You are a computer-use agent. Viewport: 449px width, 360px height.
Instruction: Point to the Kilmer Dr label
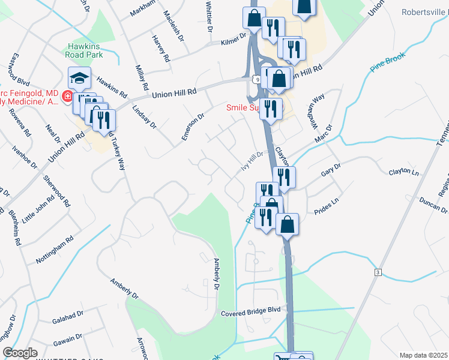point(234,39)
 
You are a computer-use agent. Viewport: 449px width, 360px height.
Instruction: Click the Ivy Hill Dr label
point(253,161)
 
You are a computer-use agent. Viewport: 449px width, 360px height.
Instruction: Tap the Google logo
point(20,353)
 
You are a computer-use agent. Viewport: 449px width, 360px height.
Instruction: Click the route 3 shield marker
point(378,272)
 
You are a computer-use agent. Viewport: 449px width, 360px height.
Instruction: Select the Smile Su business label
point(242,108)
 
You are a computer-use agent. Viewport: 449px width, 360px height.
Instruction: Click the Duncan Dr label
point(433,205)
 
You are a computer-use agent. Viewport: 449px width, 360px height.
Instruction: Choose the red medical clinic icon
point(68,97)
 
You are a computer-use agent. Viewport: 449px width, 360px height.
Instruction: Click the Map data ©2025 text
point(423,355)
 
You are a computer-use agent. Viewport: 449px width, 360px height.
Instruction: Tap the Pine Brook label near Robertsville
point(387,62)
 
